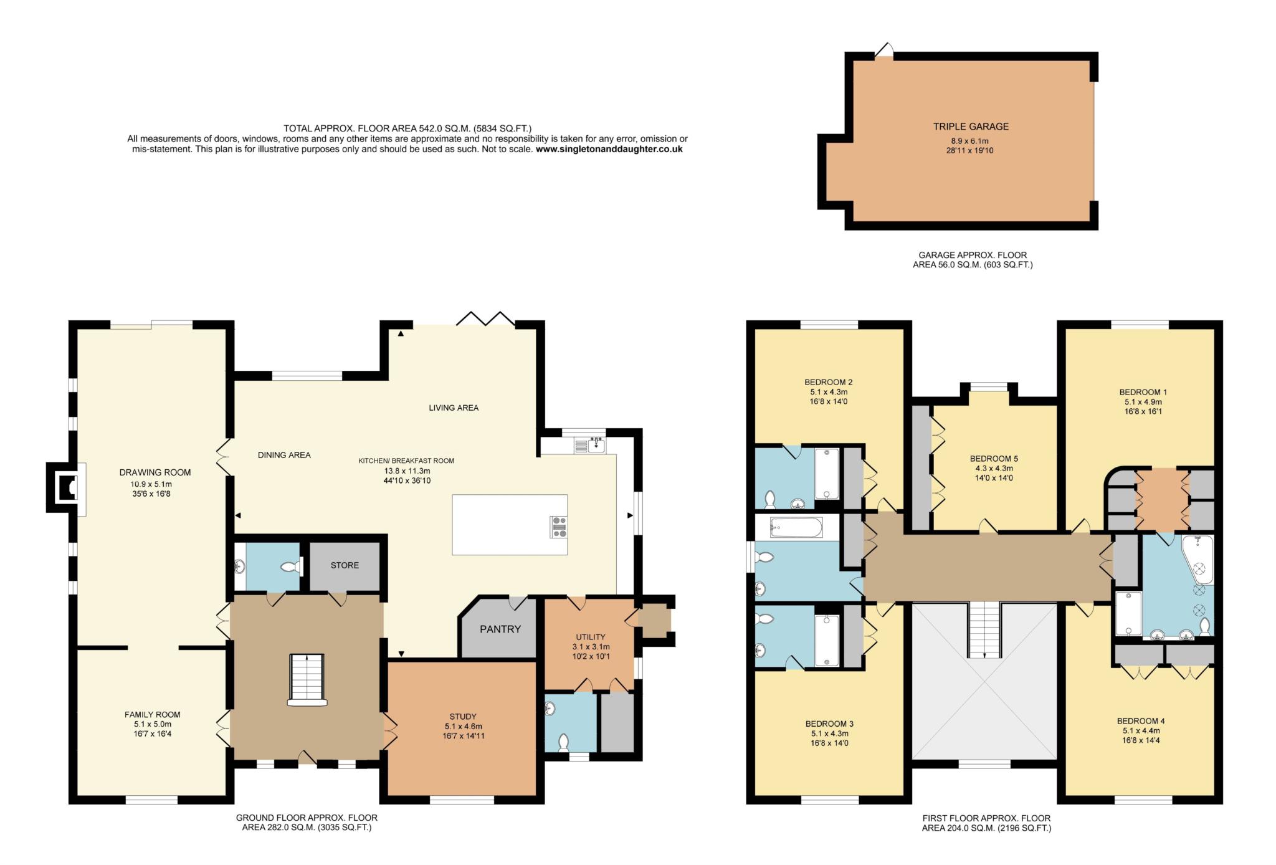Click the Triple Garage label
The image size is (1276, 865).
[971, 127]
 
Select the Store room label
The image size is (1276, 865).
[345, 565]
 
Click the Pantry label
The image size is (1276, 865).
[500, 629]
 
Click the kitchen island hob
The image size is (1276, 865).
[558, 527]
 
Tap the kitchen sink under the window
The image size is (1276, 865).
[589, 446]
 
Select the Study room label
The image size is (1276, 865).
[463, 717]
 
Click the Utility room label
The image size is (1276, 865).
[590, 637]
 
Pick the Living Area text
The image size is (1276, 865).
[454, 408]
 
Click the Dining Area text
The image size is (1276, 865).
[284, 455]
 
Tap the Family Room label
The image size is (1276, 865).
[153, 715]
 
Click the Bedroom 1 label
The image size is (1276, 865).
[1143, 392]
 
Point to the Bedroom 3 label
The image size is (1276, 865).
[829, 724]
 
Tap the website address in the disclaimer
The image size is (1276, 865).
[609, 150]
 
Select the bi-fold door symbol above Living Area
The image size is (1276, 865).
[486, 318]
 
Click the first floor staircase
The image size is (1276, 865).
[984, 630]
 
